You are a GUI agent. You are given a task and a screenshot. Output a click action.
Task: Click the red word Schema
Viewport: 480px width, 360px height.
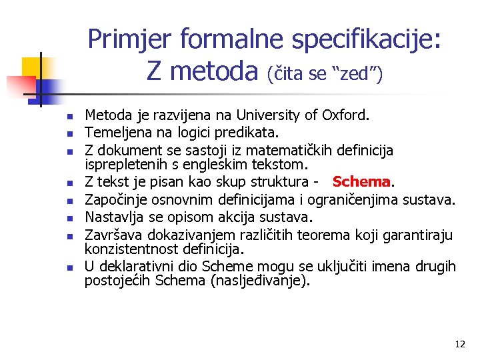tap(361, 182)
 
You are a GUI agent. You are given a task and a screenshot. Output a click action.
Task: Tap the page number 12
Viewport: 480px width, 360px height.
tap(459, 345)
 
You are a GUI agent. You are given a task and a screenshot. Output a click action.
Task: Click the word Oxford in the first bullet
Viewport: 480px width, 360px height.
tap(345, 116)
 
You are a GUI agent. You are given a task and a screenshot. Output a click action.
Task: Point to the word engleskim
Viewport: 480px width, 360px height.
tap(230, 164)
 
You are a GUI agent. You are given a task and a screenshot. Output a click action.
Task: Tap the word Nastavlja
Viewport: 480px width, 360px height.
tap(112, 217)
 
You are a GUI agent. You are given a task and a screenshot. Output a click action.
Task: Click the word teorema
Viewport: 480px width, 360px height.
tap(321, 234)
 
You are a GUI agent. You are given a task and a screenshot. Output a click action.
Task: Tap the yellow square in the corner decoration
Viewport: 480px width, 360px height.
tap(31, 67)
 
